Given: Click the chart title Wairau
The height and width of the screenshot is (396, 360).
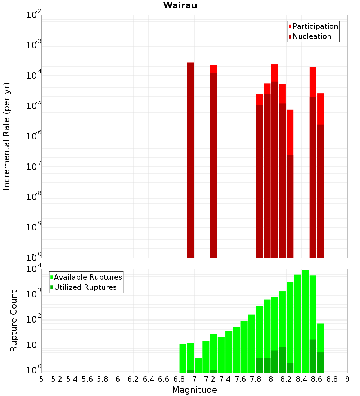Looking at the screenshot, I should point(180,5).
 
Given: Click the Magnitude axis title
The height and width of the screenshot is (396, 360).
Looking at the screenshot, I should point(194,390).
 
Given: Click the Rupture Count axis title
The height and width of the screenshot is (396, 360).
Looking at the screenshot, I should point(14,320).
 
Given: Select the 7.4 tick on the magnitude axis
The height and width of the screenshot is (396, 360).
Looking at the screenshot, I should point(225,379).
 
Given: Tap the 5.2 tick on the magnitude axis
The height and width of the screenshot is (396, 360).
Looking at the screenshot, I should point(57,379).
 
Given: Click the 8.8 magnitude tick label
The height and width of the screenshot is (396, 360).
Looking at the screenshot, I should point(332,379).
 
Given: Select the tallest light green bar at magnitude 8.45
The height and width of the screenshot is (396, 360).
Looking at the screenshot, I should point(305,320).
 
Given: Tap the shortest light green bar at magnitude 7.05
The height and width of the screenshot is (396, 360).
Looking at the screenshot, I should point(198,365).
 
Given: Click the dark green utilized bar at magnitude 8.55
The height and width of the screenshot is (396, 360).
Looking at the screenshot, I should point(313,356).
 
